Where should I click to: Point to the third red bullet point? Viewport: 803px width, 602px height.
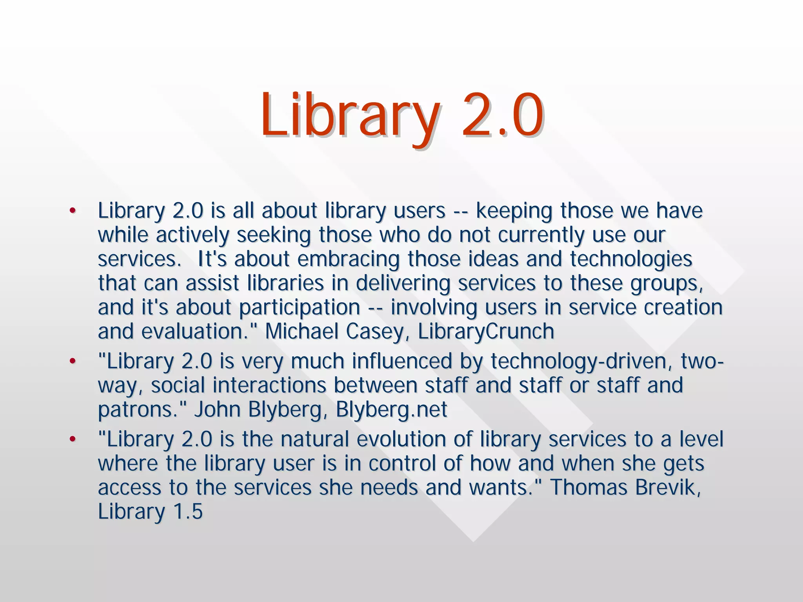pyautogui.click(x=72, y=439)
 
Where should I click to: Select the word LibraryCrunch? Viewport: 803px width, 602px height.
pyautogui.click(x=486, y=331)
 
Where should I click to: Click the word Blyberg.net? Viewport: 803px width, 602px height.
pyautogui.click(x=391, y=410)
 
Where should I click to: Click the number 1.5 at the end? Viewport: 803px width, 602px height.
pyautogui.click(x=187, y=512)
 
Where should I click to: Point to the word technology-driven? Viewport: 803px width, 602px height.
pyautogui.click(x=579, y=361)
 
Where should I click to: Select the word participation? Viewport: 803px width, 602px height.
pyautogui.click(x=300, y=307)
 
